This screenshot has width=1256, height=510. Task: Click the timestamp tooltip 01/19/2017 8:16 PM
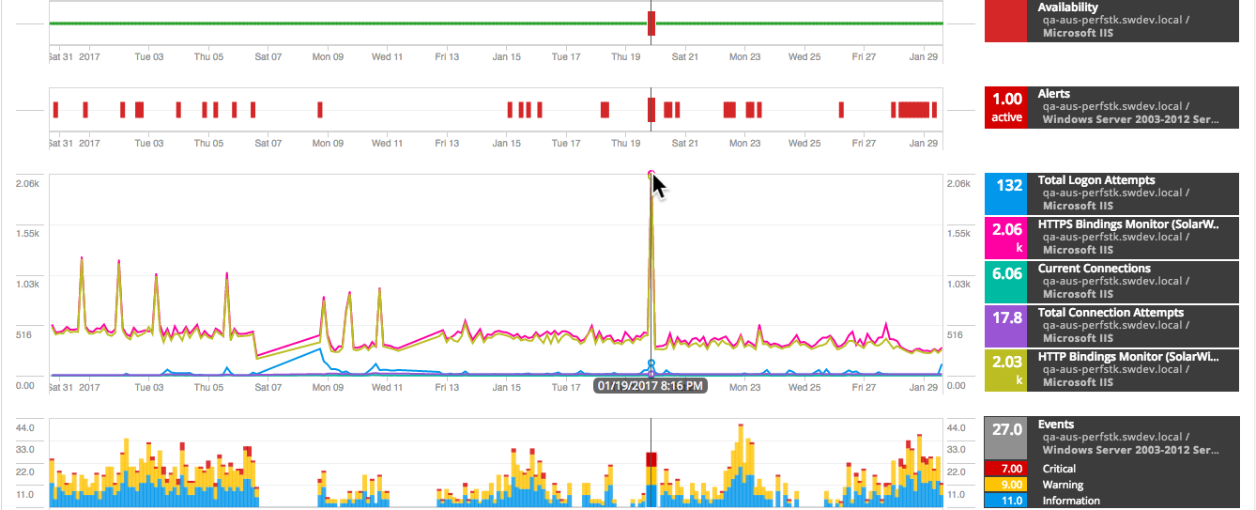coord(650,385)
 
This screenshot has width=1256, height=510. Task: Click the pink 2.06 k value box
coord(1007,237)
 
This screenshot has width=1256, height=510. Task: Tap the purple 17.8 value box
coord(1007,325)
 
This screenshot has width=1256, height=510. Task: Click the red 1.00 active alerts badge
coord(1007,107)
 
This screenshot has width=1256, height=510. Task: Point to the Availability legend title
coord(1068,8)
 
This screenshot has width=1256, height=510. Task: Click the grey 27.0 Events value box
coord(1007,437)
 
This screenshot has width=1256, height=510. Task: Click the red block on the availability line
coord(651,23)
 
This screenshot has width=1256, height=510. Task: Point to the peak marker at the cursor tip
coord(651,174)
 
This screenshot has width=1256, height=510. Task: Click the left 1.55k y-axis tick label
coord(27,233)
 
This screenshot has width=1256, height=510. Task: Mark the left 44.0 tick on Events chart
coord(27,427)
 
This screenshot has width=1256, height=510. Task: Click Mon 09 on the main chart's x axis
coord(328,387)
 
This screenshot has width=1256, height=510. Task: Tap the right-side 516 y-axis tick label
coord(957,334)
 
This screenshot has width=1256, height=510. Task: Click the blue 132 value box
coord(1007,193)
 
